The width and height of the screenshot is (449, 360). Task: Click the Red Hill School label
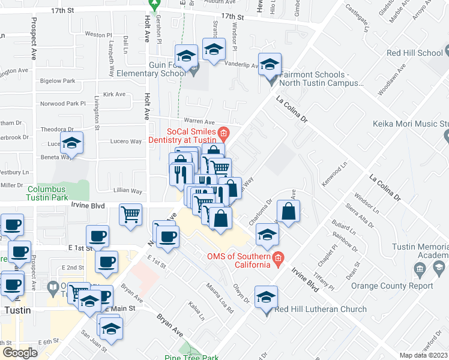point(415,53)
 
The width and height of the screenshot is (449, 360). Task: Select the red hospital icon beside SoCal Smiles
point(223,133)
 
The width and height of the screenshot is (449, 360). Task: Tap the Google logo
point(20,352)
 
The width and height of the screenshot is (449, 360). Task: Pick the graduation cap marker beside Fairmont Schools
point(270,64)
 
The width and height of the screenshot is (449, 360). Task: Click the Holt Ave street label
point(146,90)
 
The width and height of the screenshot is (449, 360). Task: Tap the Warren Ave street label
point(199,121)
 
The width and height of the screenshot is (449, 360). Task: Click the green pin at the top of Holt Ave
point(154,5)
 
